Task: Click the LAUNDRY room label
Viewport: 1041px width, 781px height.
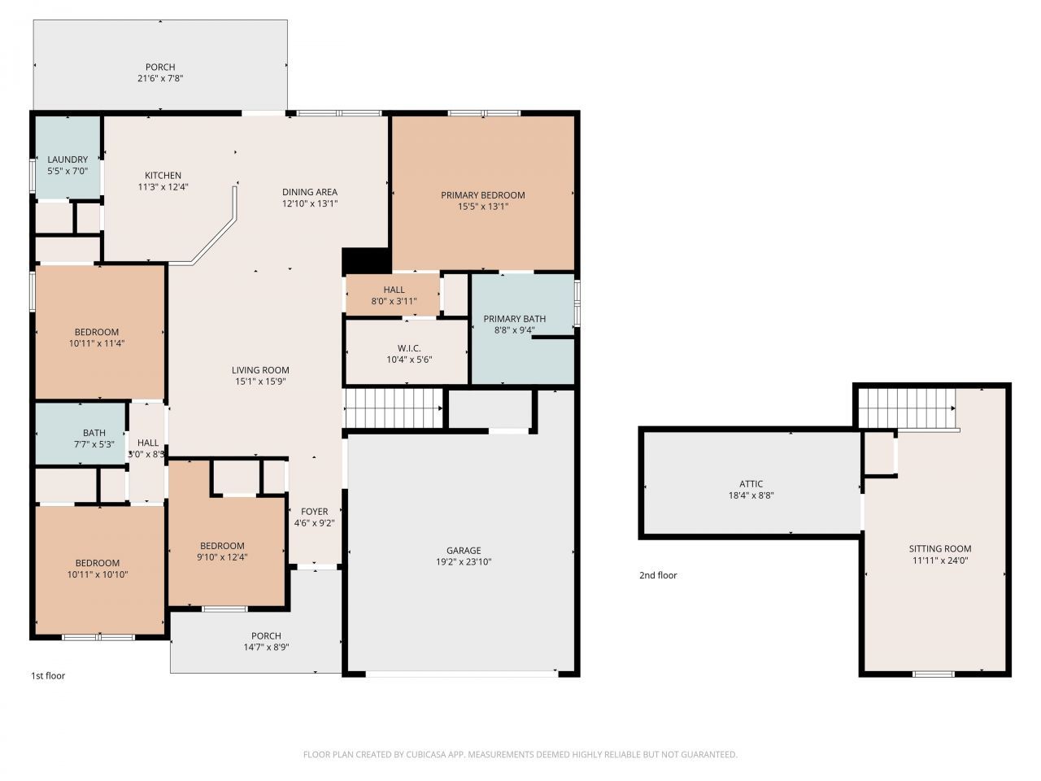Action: click(68, 159)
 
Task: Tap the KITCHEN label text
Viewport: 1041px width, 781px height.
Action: click(163, 175)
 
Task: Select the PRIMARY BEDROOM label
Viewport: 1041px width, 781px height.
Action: click(482, 195)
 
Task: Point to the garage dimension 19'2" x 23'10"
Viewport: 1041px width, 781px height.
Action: click(464, 562)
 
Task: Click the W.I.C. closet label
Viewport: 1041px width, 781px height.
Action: click(409, 348)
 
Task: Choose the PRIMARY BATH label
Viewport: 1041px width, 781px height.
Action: click(514, 319)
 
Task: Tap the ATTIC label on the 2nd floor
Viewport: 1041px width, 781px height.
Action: click(751, 484)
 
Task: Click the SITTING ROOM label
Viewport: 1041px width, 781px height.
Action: click(939, 548)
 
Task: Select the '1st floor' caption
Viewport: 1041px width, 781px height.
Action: click(48, 676)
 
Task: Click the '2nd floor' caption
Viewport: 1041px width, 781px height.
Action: click(657, 575)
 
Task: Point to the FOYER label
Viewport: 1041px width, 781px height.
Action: click(314, 512)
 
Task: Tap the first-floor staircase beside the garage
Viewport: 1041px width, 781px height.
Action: click(394, 408)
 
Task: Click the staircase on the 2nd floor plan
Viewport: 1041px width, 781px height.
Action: click(907, 407)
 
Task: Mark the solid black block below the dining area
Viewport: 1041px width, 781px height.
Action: click(366, 260)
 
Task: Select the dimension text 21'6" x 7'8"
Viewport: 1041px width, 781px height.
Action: click(160, 79)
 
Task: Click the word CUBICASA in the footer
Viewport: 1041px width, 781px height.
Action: click(428, 755)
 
